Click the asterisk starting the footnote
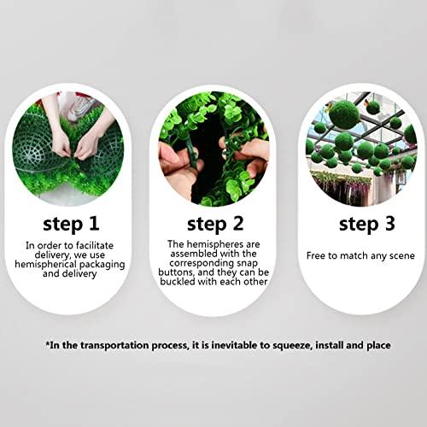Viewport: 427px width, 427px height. pyautogui.click(x=48, y=343)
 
